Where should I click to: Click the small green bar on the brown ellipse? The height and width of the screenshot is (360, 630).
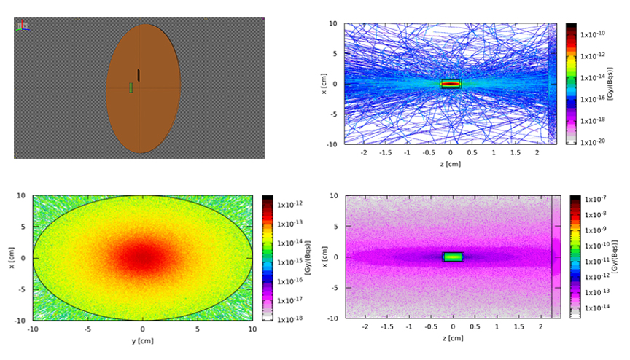[x=131, y=88]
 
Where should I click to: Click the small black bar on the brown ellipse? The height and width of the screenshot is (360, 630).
[x=139, y=75]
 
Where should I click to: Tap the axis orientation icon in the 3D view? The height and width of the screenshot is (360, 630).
[x=22, y=26]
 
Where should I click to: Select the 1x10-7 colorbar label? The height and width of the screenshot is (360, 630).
[x=599, y=197]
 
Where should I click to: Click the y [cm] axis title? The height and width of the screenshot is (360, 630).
[x=142, y=339]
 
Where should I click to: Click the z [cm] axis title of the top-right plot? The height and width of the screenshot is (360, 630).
[x=449, y=164]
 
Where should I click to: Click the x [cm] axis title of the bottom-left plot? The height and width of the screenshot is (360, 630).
[x=12, y=257]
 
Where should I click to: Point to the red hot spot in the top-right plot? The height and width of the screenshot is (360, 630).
[x=451, y=84]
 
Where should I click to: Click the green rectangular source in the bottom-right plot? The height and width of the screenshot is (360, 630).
[x=453, y=257]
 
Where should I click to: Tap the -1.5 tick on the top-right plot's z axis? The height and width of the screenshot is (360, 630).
[x=385, y=154]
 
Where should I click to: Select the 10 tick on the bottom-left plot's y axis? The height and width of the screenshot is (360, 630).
[x=252, y=329]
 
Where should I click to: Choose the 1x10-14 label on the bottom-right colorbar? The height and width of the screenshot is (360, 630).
[x=599, y=308]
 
